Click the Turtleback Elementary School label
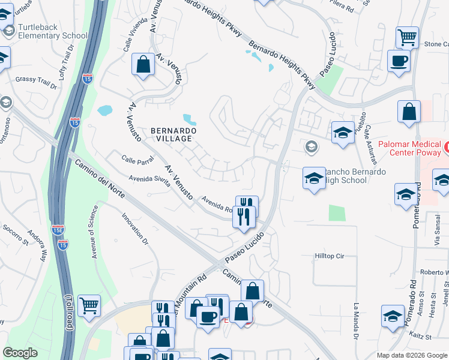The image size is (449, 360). point(52,31)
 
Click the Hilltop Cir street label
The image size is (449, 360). point(330,256)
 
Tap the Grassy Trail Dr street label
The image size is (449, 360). point(36,82)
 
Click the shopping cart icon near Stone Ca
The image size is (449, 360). point(407,38)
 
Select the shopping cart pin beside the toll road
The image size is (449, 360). point(89,305)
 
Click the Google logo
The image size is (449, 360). point(21,353)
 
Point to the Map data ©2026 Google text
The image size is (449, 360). point(411,355)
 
